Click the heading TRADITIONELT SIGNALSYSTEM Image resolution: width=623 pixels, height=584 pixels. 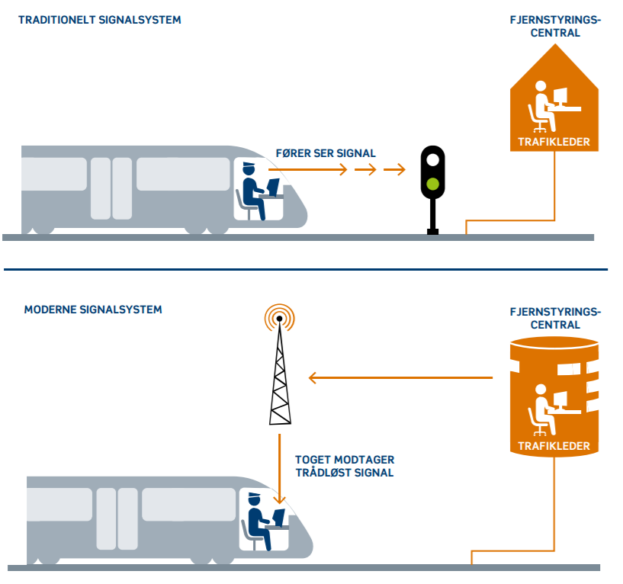click(100, 20)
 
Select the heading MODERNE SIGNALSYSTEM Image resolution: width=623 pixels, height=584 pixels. click(93, 310)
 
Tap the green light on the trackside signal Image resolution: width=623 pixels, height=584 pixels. click(432, 183)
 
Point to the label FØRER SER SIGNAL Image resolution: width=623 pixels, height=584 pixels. click(326, 153)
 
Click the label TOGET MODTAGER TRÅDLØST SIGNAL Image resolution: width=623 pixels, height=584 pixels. click(344, 467)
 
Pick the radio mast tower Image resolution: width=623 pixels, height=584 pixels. click(280, 377)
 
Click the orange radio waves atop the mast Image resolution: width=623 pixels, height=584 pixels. click(279, 316)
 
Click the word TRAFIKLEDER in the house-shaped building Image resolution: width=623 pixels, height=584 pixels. click(554, 142)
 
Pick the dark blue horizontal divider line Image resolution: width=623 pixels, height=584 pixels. click(305, 269)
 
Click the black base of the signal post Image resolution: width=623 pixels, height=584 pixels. click(432, 230)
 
